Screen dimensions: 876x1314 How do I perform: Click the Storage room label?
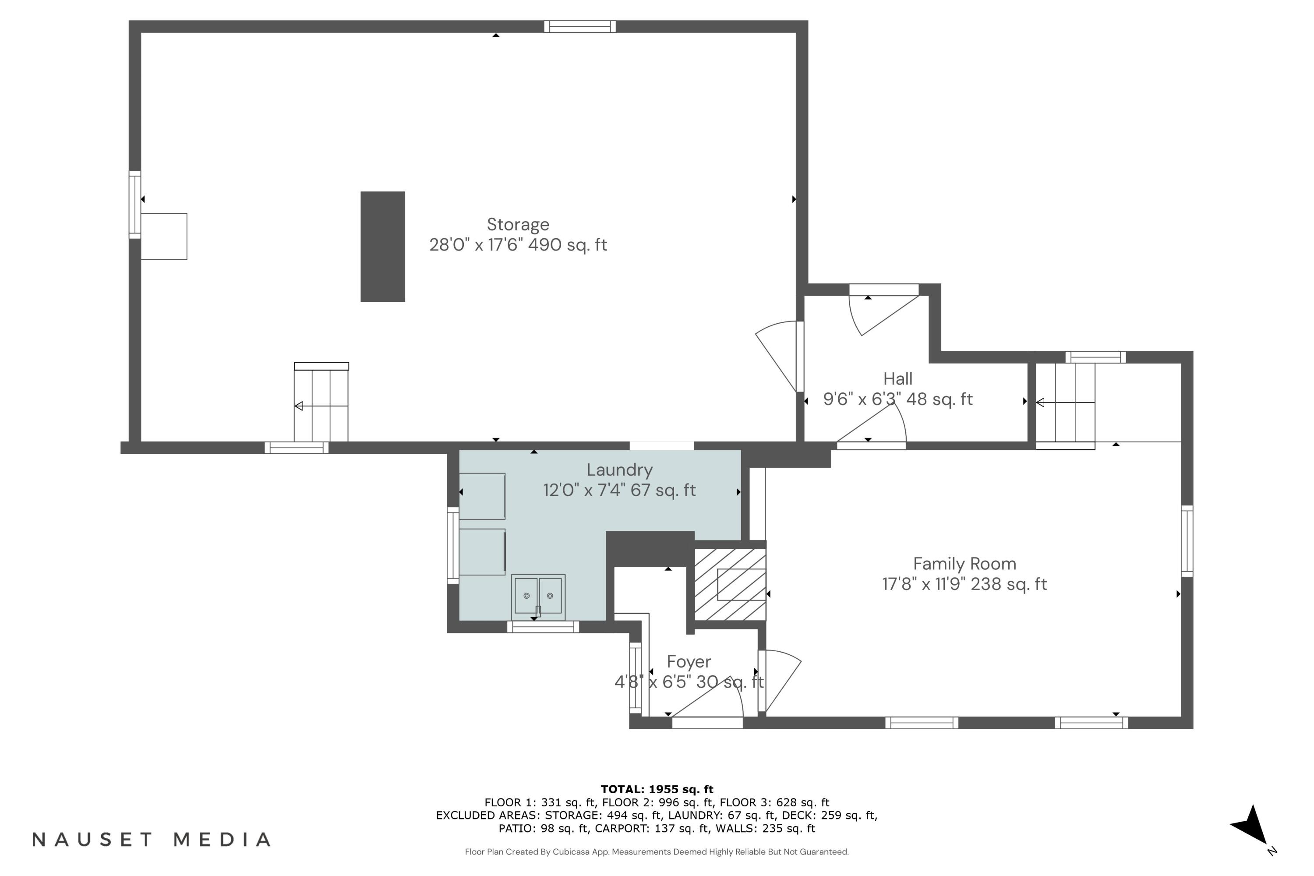pos(518,225)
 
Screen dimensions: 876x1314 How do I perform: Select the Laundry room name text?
pos(619,470)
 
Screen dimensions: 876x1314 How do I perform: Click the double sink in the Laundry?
pos(537,596)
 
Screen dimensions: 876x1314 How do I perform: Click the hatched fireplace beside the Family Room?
pos(730,584)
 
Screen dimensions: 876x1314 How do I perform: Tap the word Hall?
pos(897,379)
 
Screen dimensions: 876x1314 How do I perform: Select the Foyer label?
pos(688,661)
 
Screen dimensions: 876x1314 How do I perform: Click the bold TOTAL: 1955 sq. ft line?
pos(657,789)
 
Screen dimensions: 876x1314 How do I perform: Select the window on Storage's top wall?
pos(579,26)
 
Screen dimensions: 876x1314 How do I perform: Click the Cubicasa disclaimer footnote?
pos(657,851)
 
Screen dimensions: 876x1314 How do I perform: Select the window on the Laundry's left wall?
pos(452,545)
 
